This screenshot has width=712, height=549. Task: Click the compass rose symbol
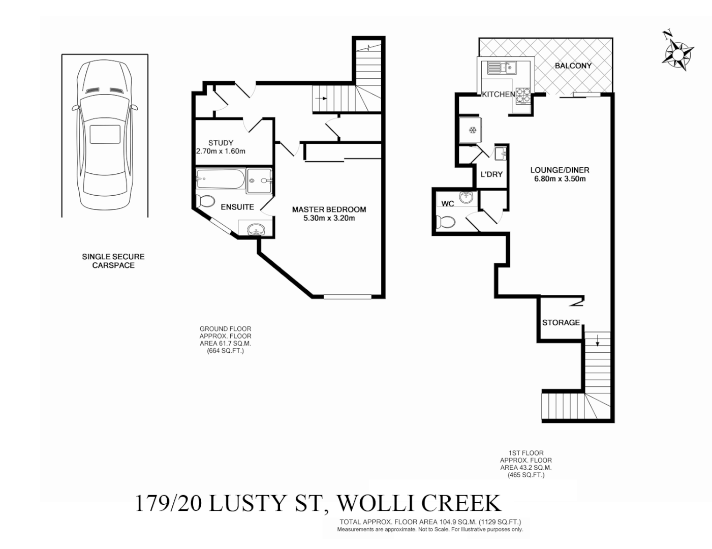click(677, 52)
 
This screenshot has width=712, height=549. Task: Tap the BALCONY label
click(573, 66)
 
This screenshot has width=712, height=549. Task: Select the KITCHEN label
click(498, 95)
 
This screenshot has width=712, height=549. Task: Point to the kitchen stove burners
click(522, 94)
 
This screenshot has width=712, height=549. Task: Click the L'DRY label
click(491, 174)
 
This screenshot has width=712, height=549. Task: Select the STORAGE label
click(561, 322)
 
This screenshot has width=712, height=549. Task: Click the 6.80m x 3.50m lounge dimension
click(560, 179)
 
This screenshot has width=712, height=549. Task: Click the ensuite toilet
click(205, 201)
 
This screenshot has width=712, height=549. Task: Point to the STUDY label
click(221, 143)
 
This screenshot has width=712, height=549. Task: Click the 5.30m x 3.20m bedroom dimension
click(329, 218)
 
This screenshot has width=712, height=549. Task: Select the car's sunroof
click(105, 135)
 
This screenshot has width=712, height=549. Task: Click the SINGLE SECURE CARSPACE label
click(113, 261)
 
